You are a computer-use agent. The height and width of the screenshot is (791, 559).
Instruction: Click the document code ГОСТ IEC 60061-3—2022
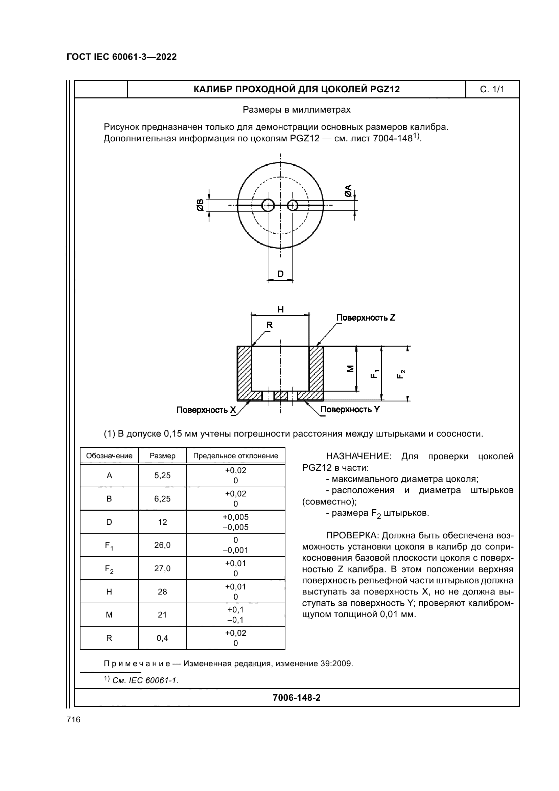pyautogui.click(x=122, y=57)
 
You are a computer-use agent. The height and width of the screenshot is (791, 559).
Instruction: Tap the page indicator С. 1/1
pyautogui.click(x=492, y=90)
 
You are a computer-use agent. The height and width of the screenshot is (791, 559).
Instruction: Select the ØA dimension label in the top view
pyautogui.click(x=348, y=190)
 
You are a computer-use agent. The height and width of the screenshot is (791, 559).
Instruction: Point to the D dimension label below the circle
pyautogui.click(x=280, y=274)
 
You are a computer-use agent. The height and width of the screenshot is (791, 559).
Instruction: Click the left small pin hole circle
pyautogui.click(x=267, y=206)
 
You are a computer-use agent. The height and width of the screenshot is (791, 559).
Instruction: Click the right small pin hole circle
pyautogui.click(x=293, y=206)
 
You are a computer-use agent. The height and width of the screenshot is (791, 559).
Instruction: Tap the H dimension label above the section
pyautogui.click(x=280, y=309)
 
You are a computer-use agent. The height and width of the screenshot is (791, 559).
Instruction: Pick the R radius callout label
pyautogui.click(x=269, y=325)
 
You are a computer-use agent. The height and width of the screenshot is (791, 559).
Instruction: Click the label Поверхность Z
pyautogui.click(x=366, y=318)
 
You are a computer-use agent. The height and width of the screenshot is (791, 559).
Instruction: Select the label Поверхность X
pyautogui.click(x=206, y=410)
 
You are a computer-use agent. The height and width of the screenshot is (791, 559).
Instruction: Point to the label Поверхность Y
pyautogui.click(x=350, y=409)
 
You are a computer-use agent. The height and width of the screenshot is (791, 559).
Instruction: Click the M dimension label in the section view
pyautogui.click(x=350, y=369)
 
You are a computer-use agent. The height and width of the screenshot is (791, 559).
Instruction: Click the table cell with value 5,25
pyautogui.click(x=162, y=475)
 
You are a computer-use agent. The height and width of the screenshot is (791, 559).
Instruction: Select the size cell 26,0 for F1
pyautogui.click(x=162, y=545)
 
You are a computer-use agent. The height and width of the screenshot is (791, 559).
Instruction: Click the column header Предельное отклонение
pyautogui.click(x=236, y=456)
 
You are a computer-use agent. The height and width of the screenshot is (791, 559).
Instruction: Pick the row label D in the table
pyautogui.click(x=109, y=522)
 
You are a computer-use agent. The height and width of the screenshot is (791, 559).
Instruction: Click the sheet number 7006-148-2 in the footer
pyautogui.click(x=297, y=698)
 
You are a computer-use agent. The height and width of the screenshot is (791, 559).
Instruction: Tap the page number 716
pyautogui.click(x=73, y=719)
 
